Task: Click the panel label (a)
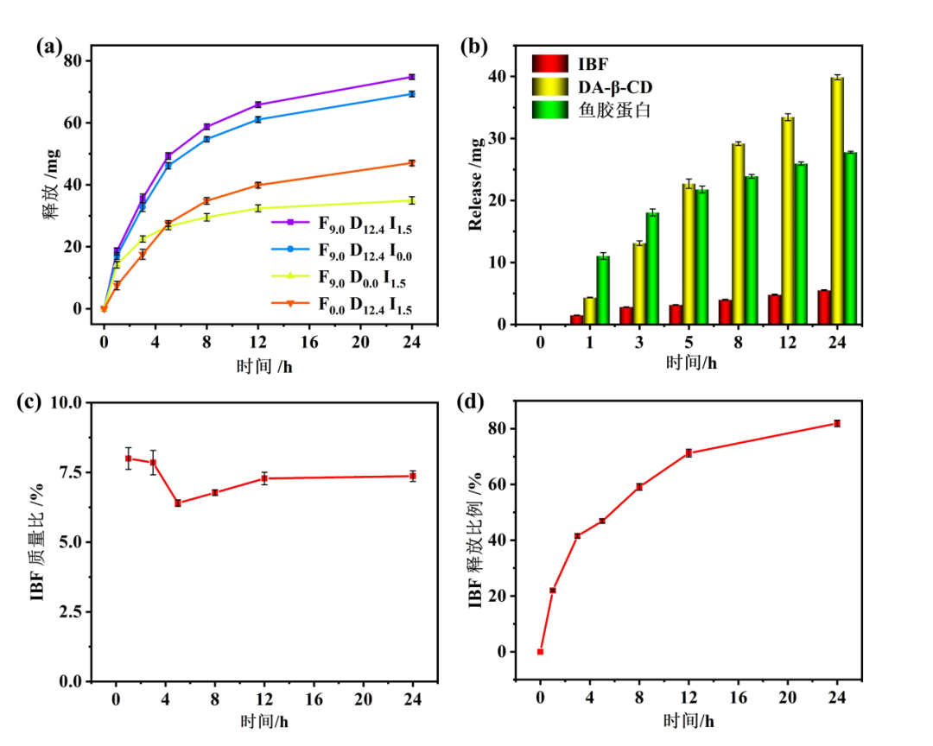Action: pos(49,47)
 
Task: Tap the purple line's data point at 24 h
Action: pos(412,77)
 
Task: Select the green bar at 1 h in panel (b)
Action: pos(603,290)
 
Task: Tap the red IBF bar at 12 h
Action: pos(774,309)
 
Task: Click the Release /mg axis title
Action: pos(475,185)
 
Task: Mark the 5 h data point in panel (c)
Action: pos(177,503)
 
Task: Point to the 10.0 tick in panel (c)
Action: pos(67,402)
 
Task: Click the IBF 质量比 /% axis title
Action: pos(38,541)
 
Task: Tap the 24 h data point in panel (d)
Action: pos(836,423)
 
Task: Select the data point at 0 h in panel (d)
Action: pos(540,652)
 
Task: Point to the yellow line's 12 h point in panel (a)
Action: pos(257,208)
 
